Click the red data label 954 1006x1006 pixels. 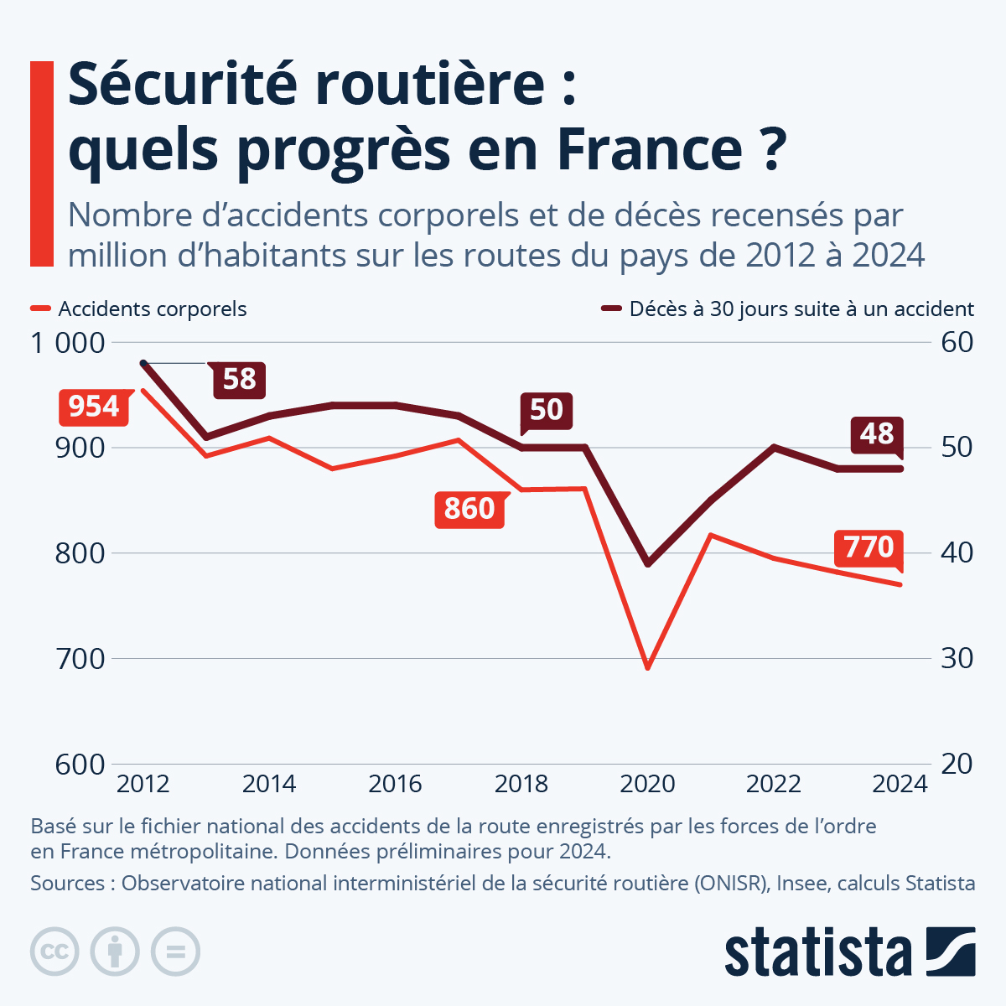(94, 407)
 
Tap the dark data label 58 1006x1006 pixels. (239, 379)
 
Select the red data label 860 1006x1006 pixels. (469, 509)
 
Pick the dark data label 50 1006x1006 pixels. (546, 409)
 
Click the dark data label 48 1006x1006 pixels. (876, 433)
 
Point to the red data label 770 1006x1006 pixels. (869, 547)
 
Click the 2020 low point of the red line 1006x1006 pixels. (647, 667)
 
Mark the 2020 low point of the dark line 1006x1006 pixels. (647, 563)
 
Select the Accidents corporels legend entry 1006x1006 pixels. (152, 309)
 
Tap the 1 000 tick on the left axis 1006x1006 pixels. (69, 343)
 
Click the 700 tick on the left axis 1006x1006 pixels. (81, 658)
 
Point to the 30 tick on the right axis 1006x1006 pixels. (957, 658)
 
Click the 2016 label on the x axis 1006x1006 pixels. (395, 785)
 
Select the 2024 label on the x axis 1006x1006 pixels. (900, 785)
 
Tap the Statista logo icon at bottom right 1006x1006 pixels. (951, 952)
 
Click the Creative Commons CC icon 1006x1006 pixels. (54, 952)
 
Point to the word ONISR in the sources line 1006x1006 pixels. (729, 884)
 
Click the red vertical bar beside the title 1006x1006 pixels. (41, 164)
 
